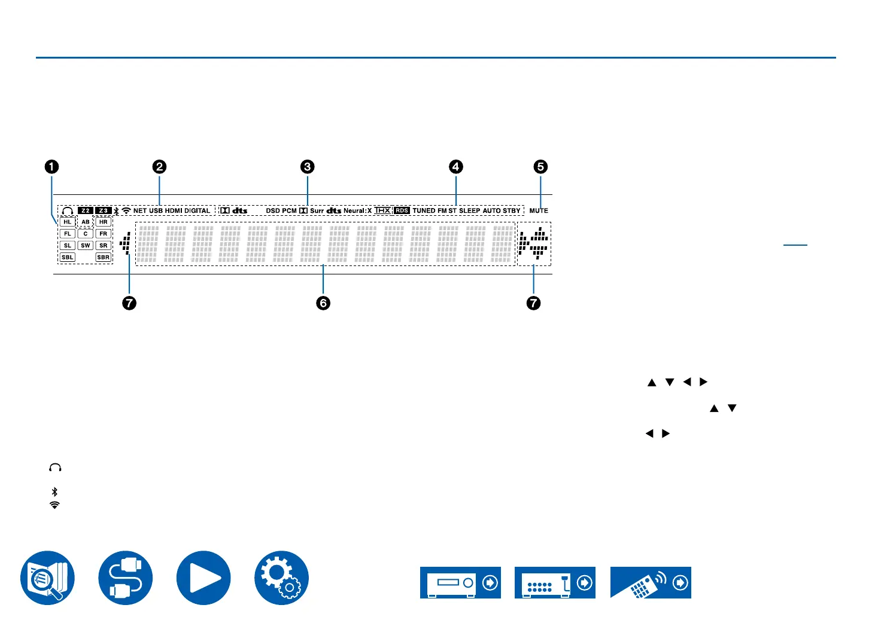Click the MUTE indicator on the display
[539, 210]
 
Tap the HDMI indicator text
[174, 210]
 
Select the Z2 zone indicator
[86, 210]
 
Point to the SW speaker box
[86, 246]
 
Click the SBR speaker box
[104, 258]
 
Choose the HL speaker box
[68, 222]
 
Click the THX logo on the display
[382, 210]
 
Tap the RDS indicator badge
[402, 210]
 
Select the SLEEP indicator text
[470, 210]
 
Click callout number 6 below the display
[323, 303]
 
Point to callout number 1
[52, 167]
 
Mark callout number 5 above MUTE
[540, 167]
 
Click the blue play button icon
[203, 578]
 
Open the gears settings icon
[281, 578]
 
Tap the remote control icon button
[651, 582]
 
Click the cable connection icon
[126, 578]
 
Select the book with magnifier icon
[48, 578]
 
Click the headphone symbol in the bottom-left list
[55, 468]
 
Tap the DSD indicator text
[273, 210]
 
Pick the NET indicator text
[140, 210]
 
